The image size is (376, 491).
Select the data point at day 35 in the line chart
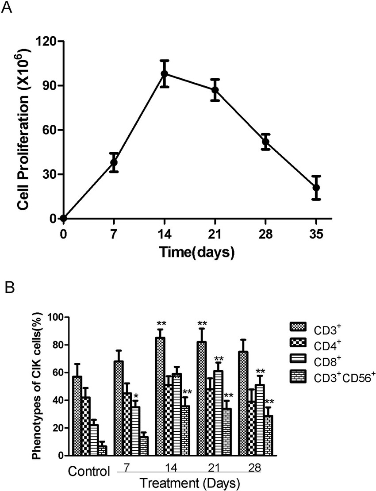316,188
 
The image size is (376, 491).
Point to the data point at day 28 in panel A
265,142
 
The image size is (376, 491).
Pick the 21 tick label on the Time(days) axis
215,234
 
